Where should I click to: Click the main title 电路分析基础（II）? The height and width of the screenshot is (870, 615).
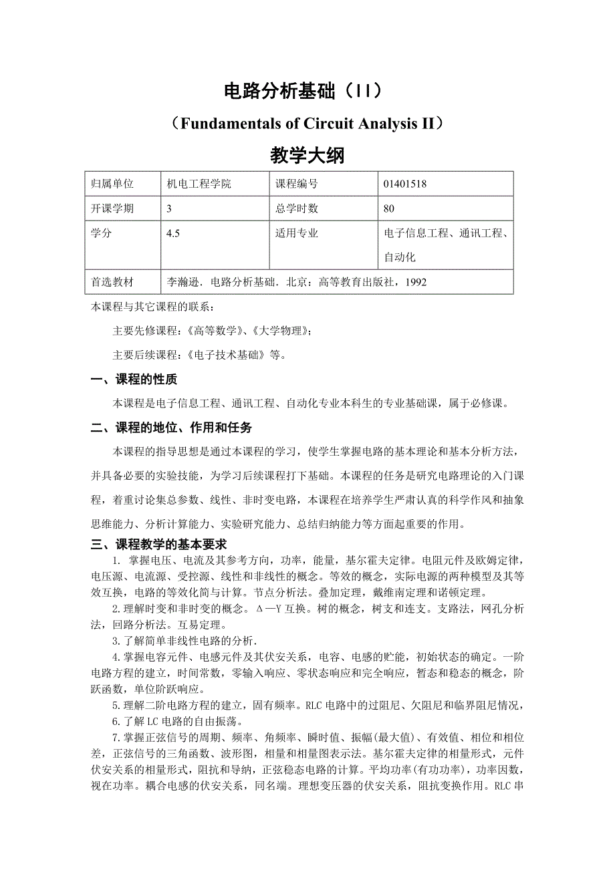pyautogui.click(x=307, y=91)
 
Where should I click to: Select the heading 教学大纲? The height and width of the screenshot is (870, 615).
pyautogui.click(x=307, y=156)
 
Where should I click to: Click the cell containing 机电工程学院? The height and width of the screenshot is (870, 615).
pyautogui.click(x=199, y=184)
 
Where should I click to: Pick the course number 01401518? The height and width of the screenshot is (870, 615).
pyautogui.click(x=405, y=184)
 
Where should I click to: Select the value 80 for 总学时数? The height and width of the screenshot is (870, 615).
pyautogui.click(x=389, y=208)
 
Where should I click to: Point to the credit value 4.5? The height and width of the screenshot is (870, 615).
pyautogui.click(x=173, y=233)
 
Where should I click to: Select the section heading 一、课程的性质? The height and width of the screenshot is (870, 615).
pyautogui.click(x=134, y=380)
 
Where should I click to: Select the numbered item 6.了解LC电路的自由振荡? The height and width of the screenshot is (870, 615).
pyautogui.click(x=177, y=721)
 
